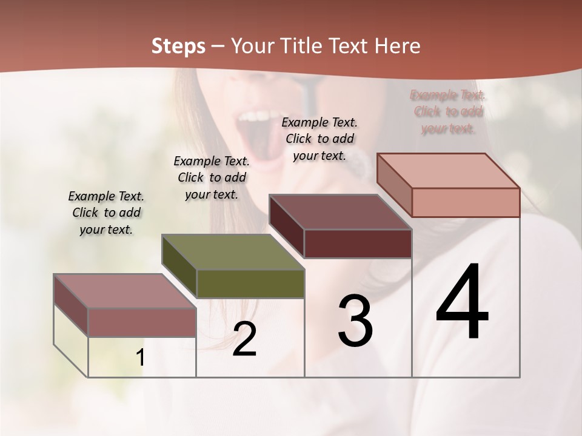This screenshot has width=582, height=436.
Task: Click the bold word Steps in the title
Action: click(x=178, y=46)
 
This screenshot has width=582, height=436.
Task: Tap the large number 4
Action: click(x=462, y=303)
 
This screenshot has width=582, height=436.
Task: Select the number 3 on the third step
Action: click(x=355, y=321)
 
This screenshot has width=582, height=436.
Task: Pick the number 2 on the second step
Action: click(x=244, y=339)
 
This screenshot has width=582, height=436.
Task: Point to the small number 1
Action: click(x=141, y=358)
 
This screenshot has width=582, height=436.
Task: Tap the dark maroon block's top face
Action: click(x=340, y=212)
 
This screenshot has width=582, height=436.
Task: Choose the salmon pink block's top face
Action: click(x=448, y=171)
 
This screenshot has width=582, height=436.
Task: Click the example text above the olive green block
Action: click(x=212, y=177)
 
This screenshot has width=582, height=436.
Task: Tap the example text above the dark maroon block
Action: click(x=319, y=139)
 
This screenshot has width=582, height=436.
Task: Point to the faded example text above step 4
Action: click(x=448, y=111)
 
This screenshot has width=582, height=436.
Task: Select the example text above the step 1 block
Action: click(x=106, y=213)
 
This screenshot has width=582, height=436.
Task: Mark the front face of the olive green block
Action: click(x=250, y=283)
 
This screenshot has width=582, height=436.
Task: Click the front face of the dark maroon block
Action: click(x=358, y=243)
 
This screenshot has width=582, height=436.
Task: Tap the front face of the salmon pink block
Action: click(x=466, y=202)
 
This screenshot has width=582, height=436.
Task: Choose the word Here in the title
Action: click(x=398, y=46)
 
